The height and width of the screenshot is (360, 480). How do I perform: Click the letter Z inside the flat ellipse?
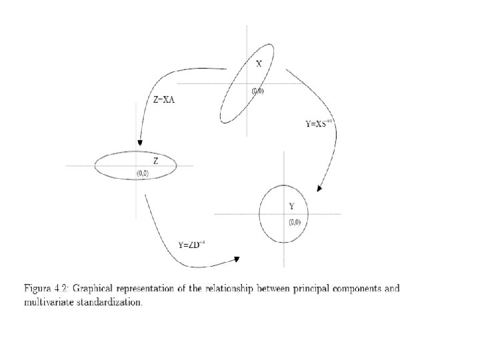coord(155,161)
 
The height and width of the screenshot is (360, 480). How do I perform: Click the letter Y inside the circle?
coord(291,206)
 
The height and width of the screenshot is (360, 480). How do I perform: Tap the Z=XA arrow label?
coord(164,100)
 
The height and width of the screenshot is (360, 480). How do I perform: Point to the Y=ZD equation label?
coord(191,245)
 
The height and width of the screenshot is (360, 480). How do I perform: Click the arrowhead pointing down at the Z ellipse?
coord(141,143)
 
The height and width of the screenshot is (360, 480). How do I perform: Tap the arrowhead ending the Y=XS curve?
coord(320,187)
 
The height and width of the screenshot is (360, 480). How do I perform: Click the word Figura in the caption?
coord(39,289)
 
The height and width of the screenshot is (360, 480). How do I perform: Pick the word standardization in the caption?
coord(109,301)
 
